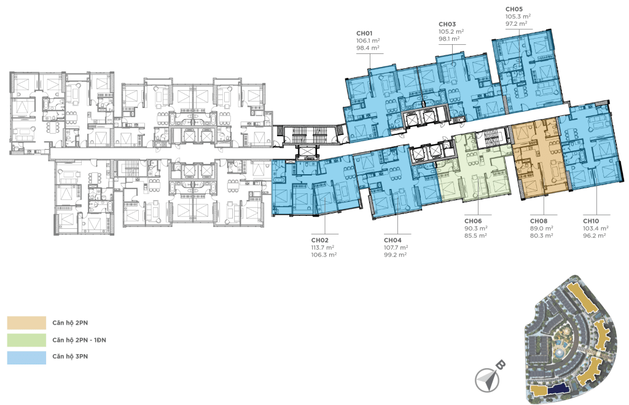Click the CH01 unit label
(364, 34)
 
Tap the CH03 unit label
(447, 25)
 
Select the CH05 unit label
(514, 9)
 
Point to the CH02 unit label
(319, 241)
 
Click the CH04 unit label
(393, 241)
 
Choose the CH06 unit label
(473, 221)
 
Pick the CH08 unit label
(538, 221)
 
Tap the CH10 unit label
(591, 221)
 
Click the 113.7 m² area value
(323, 247)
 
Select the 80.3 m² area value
(542, 236)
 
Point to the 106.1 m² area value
(368, 41)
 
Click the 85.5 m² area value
(476, 236)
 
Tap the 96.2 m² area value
(595, 236)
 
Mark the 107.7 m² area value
(396, 247)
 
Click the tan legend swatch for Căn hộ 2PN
(26, 323)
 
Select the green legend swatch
(26, 340)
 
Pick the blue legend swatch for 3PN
(26, 358)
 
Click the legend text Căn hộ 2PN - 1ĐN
(79, 340)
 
